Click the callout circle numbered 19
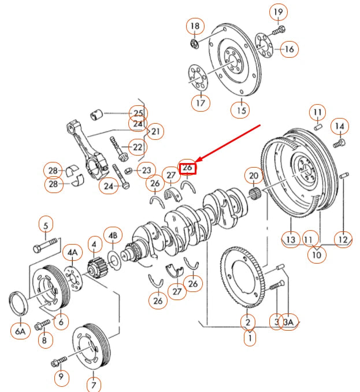pos(278,12)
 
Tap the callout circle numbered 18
pos(195,26)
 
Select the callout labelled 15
pos(241,108)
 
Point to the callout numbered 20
pos(253,175)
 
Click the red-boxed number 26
pos(187,168)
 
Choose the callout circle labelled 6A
pos(20,331)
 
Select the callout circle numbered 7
pos(93,383)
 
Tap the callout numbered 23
pos(146,170)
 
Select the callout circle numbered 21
pos(155,132)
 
